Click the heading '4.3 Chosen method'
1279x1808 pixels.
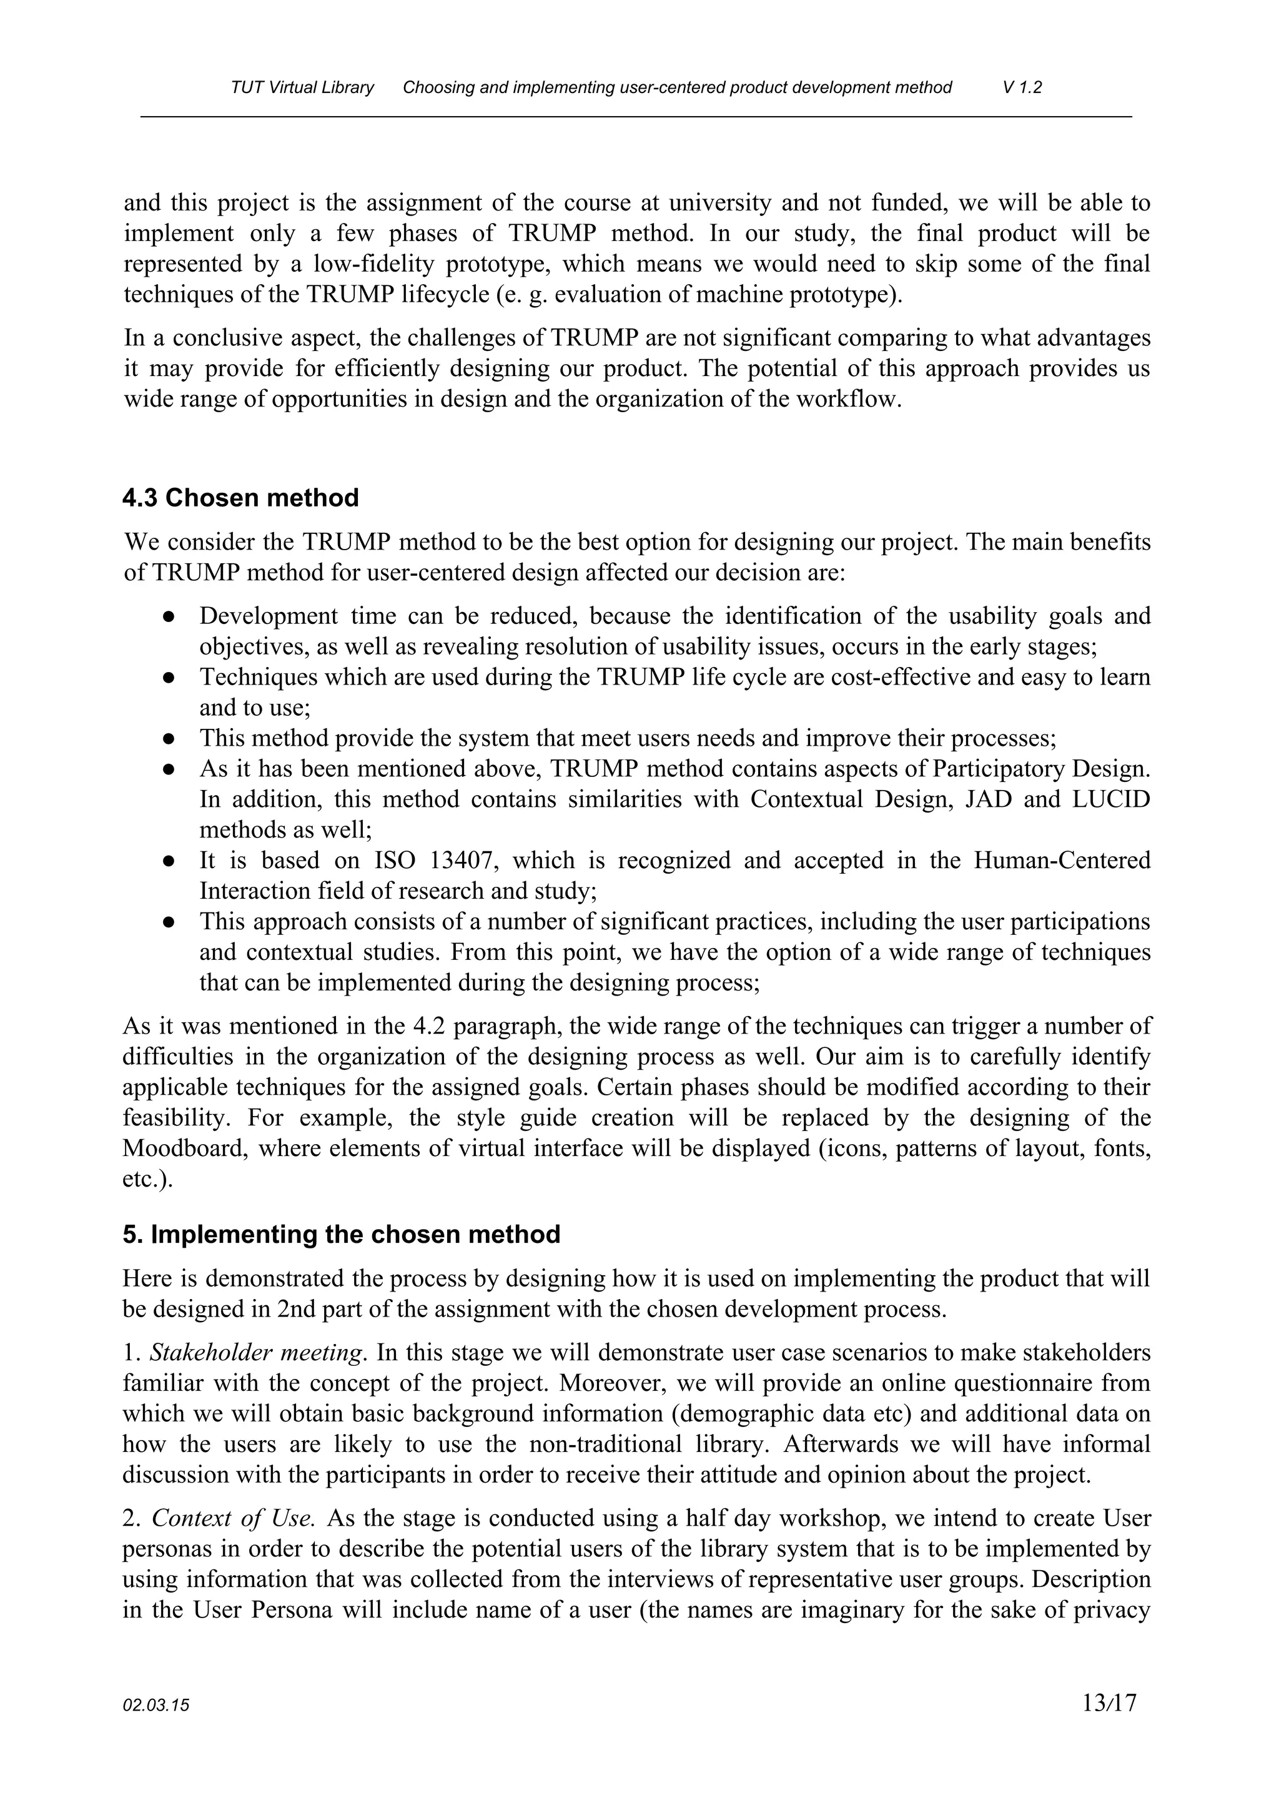pyautogui.click(x=240, y=498)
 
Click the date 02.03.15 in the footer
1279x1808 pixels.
pyautogui.click(x=156, y=1706)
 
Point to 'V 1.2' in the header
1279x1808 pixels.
pyautogui.click(x=1022, y=87)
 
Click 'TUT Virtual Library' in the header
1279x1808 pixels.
pyautogui.click(x=302, y=87)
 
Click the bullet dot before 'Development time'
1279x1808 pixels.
pyautogui.click(x=169, y=616)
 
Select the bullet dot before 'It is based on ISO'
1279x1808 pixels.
pyautogui.click(x=169, y=861)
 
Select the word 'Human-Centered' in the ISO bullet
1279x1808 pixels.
pyautogui.click(x=1062, y=860)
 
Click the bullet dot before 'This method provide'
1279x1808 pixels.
pyautogui.click(x=169, y=739)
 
